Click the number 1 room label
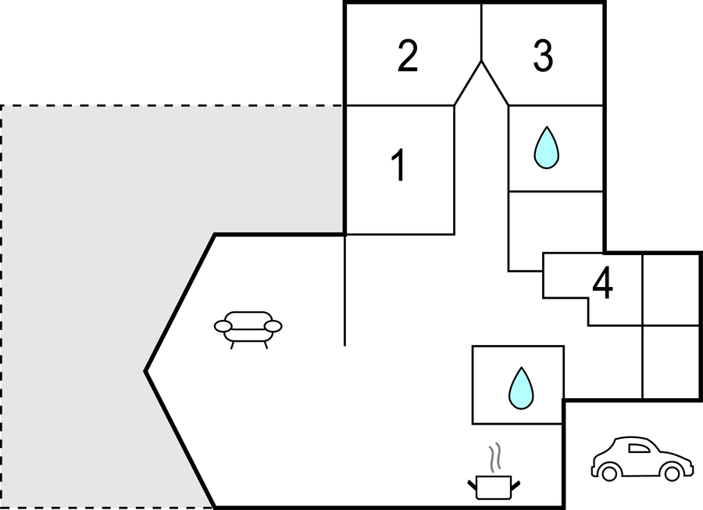click(x=399, y=167)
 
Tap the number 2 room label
click(x=407, y=56)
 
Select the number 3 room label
click(x=543, y=56)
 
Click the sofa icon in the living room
click(x=248, y=328)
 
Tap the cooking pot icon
click(x=493, y=486)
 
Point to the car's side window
click(x=639, y=448)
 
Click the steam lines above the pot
click(x=494, y=458)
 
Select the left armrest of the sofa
click(x=223, y=325)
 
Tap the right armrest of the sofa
click(x=273, y=325)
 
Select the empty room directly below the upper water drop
click(x=555, y=221)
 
